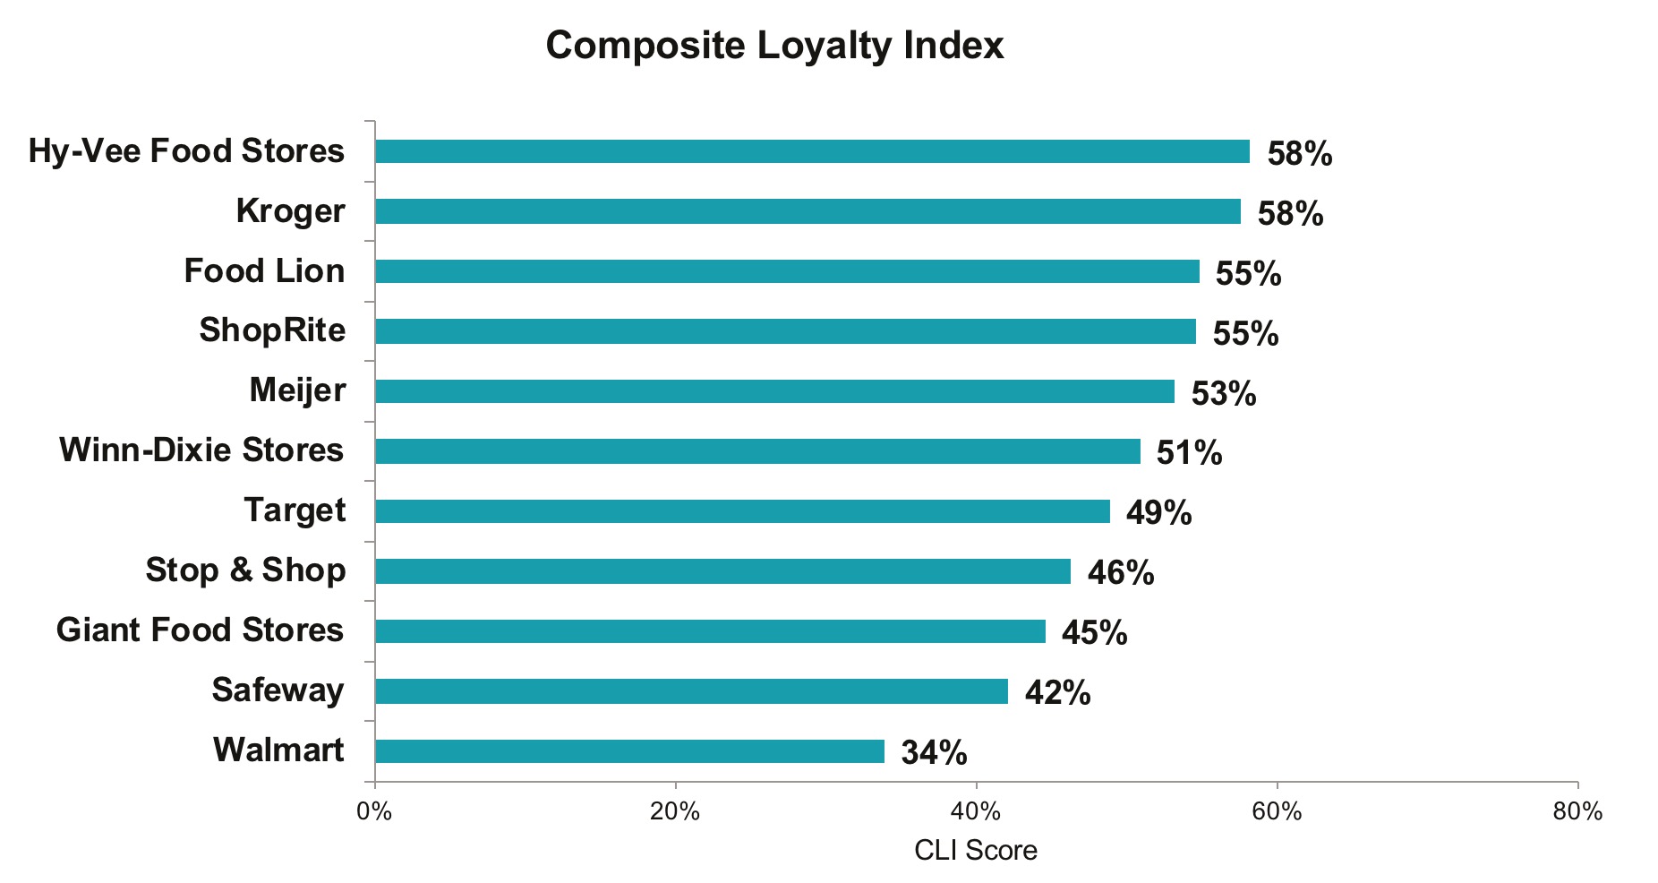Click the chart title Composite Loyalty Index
(774, 45)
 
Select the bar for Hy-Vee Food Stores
(812, 151)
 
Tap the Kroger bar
(808, 211)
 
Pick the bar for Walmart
(629, 751)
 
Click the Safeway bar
(691, 691)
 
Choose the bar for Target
(742, 511)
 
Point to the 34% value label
(934, 752)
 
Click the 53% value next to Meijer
(1224, 393)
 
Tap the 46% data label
(1121, 572)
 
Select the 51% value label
(1189, 452)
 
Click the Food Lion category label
(264, 270)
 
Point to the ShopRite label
(272, 330)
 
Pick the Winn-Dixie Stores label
(201, 450)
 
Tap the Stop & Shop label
(245, 570)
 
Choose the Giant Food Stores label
(200, 630)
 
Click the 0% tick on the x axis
(374, 812)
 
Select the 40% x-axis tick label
(976, 812)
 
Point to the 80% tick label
(1577, 812)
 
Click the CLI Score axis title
(976, 850)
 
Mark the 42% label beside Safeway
(1057, 692)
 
